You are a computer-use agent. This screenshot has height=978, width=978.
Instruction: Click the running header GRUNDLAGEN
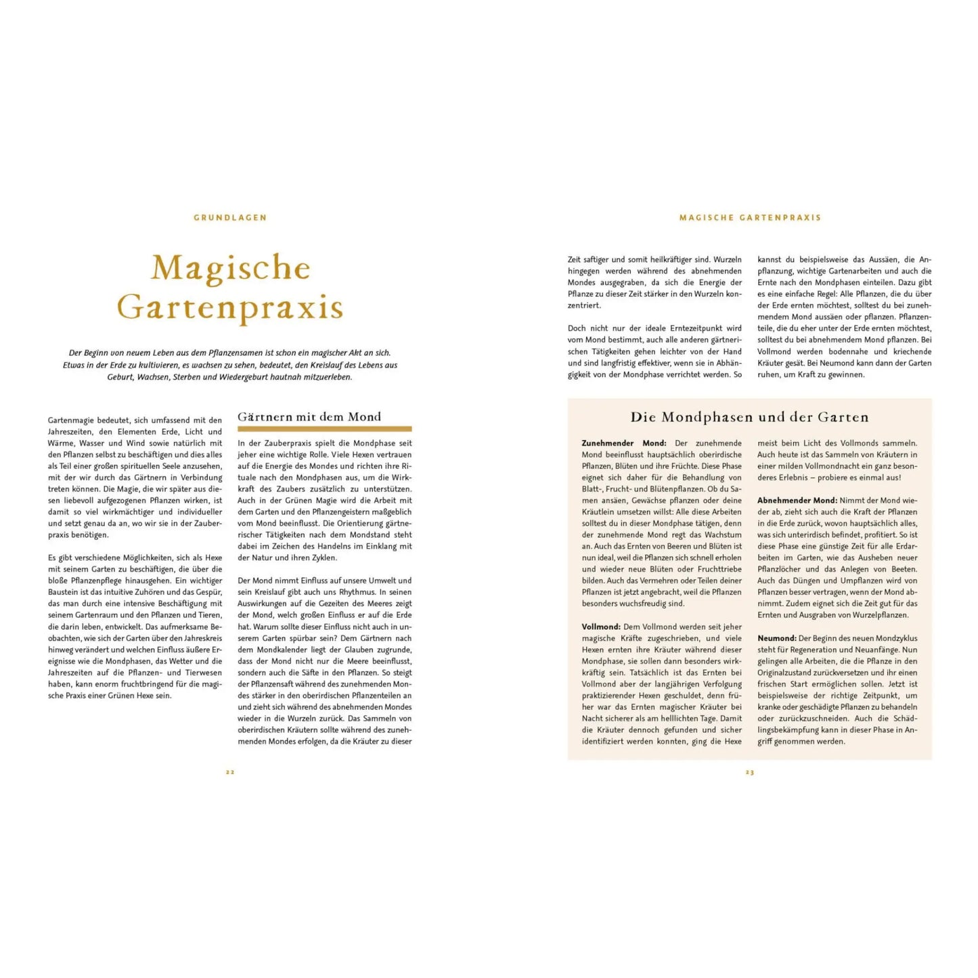230,218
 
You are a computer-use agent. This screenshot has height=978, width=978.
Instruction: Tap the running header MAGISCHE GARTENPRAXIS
750,218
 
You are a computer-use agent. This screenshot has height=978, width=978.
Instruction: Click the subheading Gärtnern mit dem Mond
309,417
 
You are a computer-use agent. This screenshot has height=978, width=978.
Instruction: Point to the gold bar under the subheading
324,429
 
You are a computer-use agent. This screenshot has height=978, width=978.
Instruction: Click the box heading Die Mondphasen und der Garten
749,417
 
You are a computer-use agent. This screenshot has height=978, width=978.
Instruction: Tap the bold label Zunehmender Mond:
623,443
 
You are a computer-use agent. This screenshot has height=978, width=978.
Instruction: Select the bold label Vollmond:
601,627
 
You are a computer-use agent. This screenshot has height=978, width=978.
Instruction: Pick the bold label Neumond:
776,638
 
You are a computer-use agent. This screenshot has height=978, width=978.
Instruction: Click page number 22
230,772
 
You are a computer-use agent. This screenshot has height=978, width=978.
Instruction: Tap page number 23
750,772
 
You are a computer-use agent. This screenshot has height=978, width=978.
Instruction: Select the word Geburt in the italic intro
120,377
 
